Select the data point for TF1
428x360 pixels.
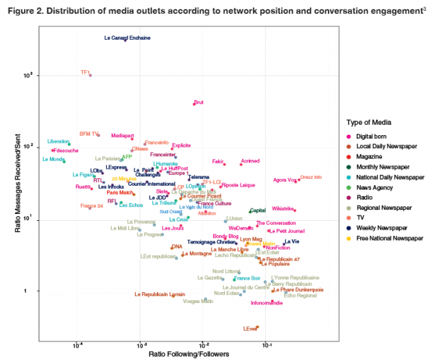pyautogui.click(x=90, y=75)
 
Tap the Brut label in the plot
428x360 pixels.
pyautogui.click(x=199, y=102)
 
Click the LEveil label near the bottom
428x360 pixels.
pyautogui.click(x=250, y=329)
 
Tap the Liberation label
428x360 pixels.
pyautogui.click(x=58, y=141)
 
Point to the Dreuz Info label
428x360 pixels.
pyautogui.click(x=311, y=178)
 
